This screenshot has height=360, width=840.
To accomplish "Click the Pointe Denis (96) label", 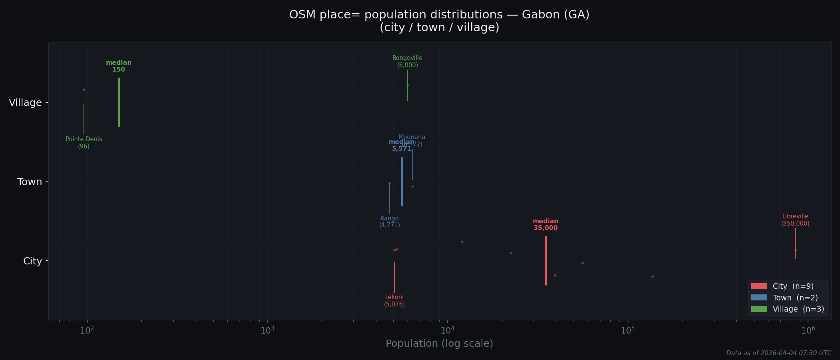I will tap(84, 143).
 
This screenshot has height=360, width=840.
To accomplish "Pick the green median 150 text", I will tap(119, 66).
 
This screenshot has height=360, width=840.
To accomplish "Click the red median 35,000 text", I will tap(545, 224).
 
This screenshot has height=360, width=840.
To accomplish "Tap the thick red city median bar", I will tap(546, 261).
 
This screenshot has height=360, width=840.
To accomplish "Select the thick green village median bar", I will tap(119, 102).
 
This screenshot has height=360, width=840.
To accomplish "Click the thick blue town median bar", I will tap(402, 182).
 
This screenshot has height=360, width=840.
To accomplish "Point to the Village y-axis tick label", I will tap(25, 103).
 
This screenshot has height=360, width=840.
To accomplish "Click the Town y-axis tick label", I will tap(29, 182).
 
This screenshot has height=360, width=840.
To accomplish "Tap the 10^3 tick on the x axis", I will tap(267, 330).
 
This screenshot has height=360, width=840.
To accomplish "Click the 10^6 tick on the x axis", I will tap(808, 330).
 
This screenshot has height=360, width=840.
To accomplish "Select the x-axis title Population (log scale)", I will tap(439, 344).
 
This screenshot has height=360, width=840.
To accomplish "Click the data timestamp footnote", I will tap(778, 353).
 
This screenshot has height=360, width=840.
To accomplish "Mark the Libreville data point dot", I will tap(796, 250).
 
